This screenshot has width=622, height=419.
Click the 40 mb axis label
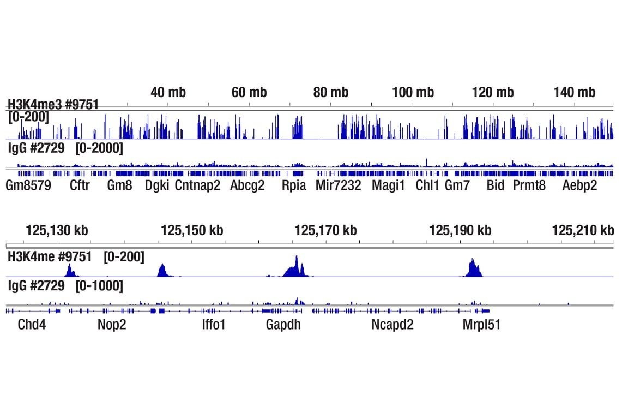tap(168, 92)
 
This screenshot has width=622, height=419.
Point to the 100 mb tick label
tap(413, 92)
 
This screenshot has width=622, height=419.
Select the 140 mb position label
tap(574, 92)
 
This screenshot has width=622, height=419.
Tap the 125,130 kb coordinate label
tap(57, 230)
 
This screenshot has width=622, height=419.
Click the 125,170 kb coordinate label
tap(325, 230)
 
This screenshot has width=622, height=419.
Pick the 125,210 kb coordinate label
tap(583, 230)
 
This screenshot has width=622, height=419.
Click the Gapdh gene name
tap(283, 325)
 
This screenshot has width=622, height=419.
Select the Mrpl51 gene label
tap(481, 325)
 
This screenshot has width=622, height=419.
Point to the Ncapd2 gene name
tap(392, 325)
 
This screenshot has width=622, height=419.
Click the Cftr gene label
tap(80, 185)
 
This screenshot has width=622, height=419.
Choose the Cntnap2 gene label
tap(197, 185)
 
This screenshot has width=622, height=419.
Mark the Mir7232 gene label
tap(338, 185)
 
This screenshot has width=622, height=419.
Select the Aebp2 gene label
tap(579, 185)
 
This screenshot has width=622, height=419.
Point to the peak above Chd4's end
tap(70, 270)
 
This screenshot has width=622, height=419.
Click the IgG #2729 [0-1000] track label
tap(65, 286)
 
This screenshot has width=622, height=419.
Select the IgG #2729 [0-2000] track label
tap(65, 148)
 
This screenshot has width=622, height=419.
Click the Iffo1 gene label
tap(213, 325)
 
